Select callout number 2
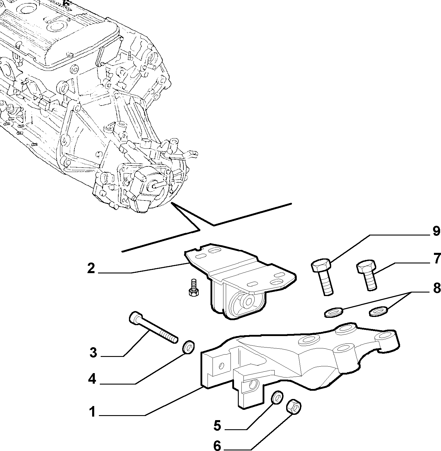tap(91, 268)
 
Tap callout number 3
tap(93, 352)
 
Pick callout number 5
tap(217, 425)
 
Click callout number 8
tap(436, 288)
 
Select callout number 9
tap(436, 231)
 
